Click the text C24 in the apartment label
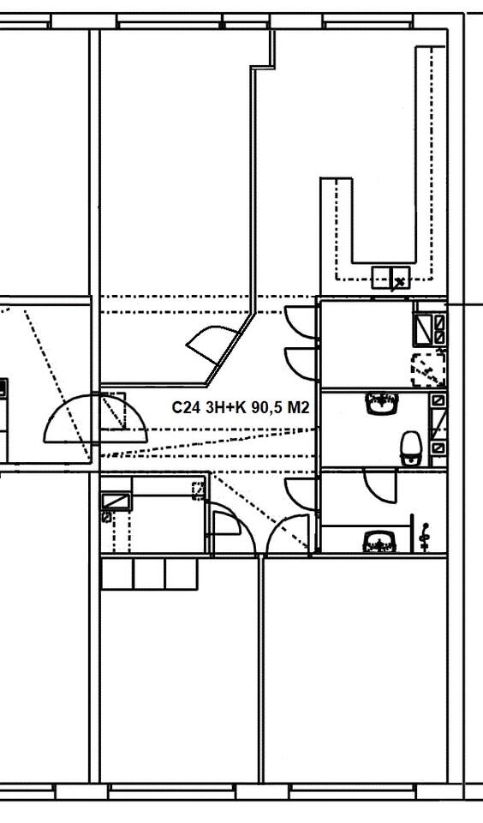[184, 407]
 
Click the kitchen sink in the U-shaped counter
[391, 277]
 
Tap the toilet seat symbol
[411, 448]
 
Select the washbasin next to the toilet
[382, 404]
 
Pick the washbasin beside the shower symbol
[379, 542]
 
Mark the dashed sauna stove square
[428, 369]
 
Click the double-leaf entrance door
[95, 418]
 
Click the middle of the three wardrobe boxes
[149, 574]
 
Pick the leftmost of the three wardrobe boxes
[117, 574]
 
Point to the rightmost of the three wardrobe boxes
[182, 574]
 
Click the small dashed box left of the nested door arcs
[199, 490]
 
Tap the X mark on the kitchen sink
[400, 282]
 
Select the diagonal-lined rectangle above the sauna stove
[423, 328]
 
